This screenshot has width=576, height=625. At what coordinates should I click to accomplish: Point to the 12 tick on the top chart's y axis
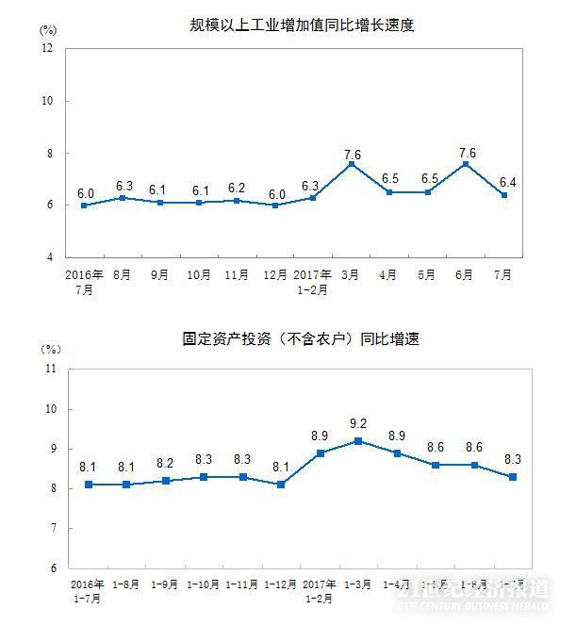[46, 48]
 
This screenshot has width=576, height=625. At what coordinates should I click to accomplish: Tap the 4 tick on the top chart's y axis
[49, 256]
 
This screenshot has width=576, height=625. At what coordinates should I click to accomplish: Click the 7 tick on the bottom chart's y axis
[51, 528]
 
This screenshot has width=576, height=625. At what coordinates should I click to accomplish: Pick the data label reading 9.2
[357, 424]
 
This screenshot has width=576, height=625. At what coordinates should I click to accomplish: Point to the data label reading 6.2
[237, 187]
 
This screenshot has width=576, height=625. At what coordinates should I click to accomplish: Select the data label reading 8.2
[164, 464]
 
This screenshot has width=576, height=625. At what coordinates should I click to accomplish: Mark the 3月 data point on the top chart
[351, 164]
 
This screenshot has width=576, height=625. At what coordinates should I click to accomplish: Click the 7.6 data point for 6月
[466, 164]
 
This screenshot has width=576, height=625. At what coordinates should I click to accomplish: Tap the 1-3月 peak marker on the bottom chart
[358, 440]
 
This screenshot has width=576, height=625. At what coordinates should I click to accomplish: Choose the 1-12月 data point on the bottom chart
[281, 485]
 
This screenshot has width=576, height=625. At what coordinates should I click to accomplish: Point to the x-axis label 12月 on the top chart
[274, 274]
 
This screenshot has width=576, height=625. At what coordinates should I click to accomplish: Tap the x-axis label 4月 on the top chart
[389, 274]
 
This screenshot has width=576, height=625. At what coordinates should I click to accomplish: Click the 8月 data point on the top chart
[123, 198]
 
